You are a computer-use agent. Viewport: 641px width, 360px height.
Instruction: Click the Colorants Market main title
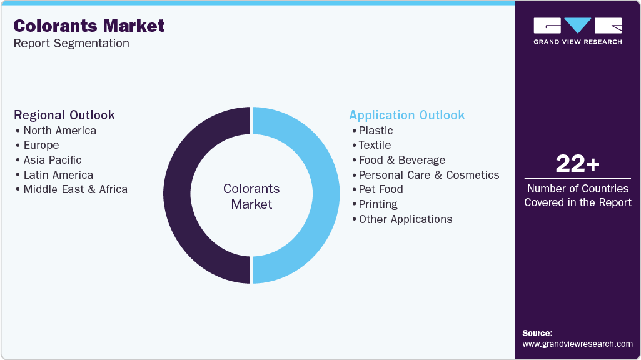[x=89, y=26]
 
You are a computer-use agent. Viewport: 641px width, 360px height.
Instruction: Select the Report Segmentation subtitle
[x=71, y=44]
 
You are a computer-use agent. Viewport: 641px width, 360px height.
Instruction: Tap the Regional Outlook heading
[x=64, y=115]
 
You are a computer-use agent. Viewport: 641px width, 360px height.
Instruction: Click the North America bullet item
[x=59, y=131]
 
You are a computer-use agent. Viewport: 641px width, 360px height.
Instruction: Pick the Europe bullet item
[x=41, y=145]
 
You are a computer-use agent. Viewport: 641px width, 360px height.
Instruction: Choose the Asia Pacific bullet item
[x=52, y=160]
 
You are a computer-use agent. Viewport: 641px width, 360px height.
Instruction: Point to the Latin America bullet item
[x=58, y=175]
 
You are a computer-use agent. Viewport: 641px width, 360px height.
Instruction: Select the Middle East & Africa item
[x=75, y=189]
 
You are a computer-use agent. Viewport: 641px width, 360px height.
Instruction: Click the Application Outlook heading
[x=406, y=115]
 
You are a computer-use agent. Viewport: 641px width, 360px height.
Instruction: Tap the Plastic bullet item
[x=375, y=131]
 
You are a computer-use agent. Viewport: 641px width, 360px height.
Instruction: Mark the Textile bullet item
[x=375, y=145]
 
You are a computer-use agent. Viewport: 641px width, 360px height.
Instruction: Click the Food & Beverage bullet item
[x=401, y=160]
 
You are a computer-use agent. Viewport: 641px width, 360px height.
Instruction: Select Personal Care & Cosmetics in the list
[x=428, y=175]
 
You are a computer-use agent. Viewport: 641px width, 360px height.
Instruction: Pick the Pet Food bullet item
[x=380, y=189]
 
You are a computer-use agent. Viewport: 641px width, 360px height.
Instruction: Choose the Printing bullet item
[x=378, y=204]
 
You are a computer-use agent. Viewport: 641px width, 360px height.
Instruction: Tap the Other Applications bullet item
[x=405, y=219]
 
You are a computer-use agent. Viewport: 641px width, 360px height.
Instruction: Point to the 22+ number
[x=577, y=164]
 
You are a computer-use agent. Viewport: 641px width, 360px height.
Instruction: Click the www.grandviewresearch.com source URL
[x=577, y=344]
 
